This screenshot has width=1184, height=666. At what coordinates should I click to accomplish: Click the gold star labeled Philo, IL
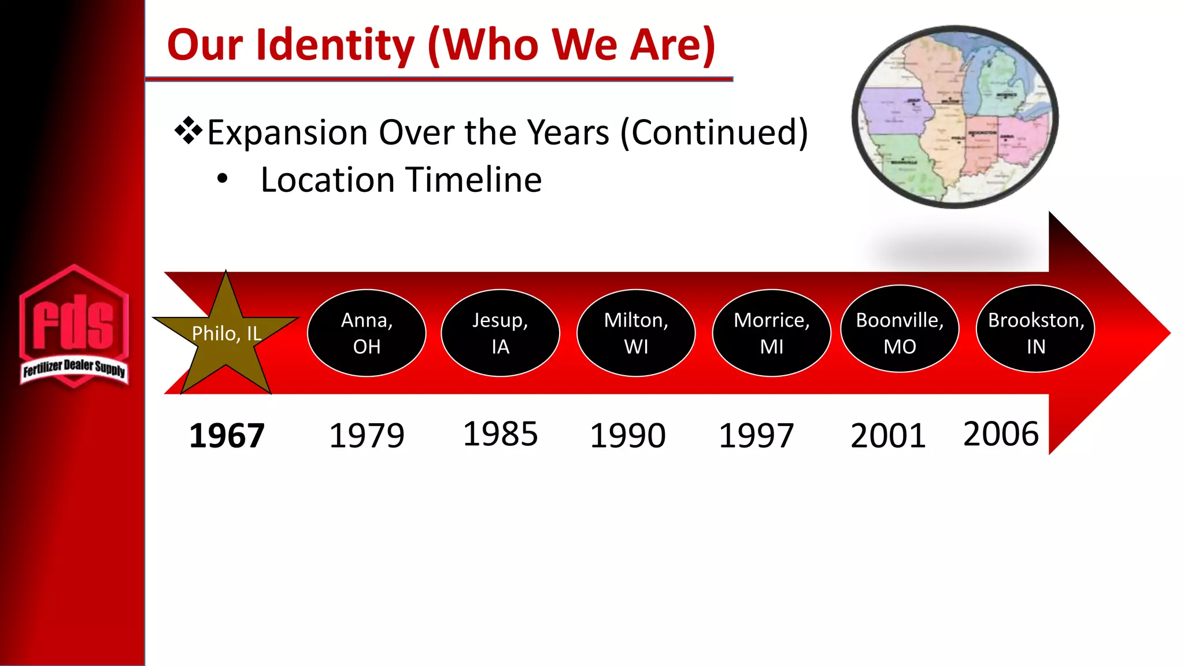(226, 335)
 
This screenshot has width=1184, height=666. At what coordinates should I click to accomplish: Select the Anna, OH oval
(367, 333)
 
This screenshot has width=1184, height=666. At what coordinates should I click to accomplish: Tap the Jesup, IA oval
(500, 333)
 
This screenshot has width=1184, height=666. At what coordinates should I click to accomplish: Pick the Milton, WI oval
(636, 333)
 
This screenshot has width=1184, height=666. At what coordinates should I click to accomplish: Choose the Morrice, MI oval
(771, 333)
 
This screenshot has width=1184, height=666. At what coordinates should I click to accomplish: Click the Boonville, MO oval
(900, 330)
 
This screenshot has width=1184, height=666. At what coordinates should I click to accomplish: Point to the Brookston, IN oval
(1035, 330)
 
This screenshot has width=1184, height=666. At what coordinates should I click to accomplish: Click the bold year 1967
(227, 435)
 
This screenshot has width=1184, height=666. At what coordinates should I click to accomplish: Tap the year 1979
(367, 435)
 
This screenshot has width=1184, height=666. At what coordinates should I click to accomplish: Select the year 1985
(500, 434)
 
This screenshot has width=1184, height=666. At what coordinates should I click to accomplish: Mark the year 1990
(628, 435)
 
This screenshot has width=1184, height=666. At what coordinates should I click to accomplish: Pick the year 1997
(756, 435)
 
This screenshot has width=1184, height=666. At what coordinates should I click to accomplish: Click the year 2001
(888, 435)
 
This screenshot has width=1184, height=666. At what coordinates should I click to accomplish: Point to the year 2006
(1001, 434)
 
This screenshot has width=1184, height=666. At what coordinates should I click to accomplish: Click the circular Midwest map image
(955, 117)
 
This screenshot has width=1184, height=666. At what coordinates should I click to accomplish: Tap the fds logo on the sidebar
(73, 327)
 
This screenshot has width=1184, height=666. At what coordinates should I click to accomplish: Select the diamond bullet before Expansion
(188, 131)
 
